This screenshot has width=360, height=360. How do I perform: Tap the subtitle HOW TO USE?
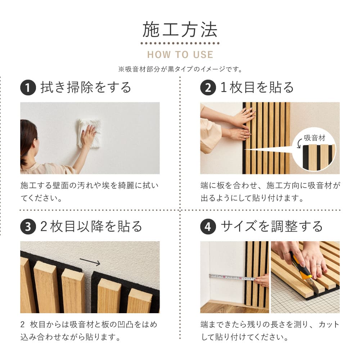tap(180, 55)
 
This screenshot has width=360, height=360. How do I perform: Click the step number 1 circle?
tap(28, 88)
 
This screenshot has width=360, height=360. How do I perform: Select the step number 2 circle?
tap(208, 88)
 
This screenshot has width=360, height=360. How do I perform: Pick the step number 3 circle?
tap(28, 227)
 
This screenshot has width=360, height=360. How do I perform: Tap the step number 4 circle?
tap(208, 227)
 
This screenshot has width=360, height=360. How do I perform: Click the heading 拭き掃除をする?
tap(86, 87)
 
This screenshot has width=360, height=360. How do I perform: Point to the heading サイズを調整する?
tap(272, 226)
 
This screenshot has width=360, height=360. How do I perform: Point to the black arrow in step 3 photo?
tap(90, 261)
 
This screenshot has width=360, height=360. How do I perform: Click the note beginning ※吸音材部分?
tap(180, 69)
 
